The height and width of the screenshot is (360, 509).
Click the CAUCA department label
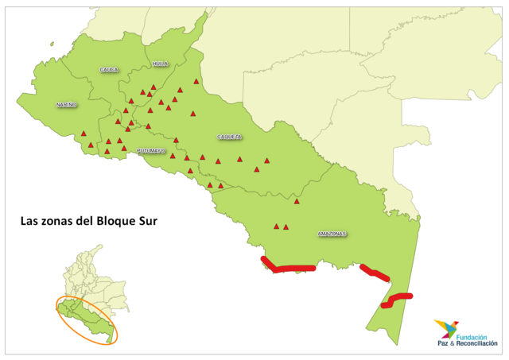coord(109,70)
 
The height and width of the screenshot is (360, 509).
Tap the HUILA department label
coord(161,64)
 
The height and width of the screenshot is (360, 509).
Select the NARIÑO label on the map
coord(67,105)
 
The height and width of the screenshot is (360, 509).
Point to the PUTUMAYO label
coord(151,150)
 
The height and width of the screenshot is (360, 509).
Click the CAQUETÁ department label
coord(230,137)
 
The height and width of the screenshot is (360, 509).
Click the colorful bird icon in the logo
coord(446,328)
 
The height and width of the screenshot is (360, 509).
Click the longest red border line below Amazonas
coord(289,268)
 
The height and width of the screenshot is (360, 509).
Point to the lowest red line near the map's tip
coord(396,300)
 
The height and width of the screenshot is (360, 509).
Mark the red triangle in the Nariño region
coord(84,134)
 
